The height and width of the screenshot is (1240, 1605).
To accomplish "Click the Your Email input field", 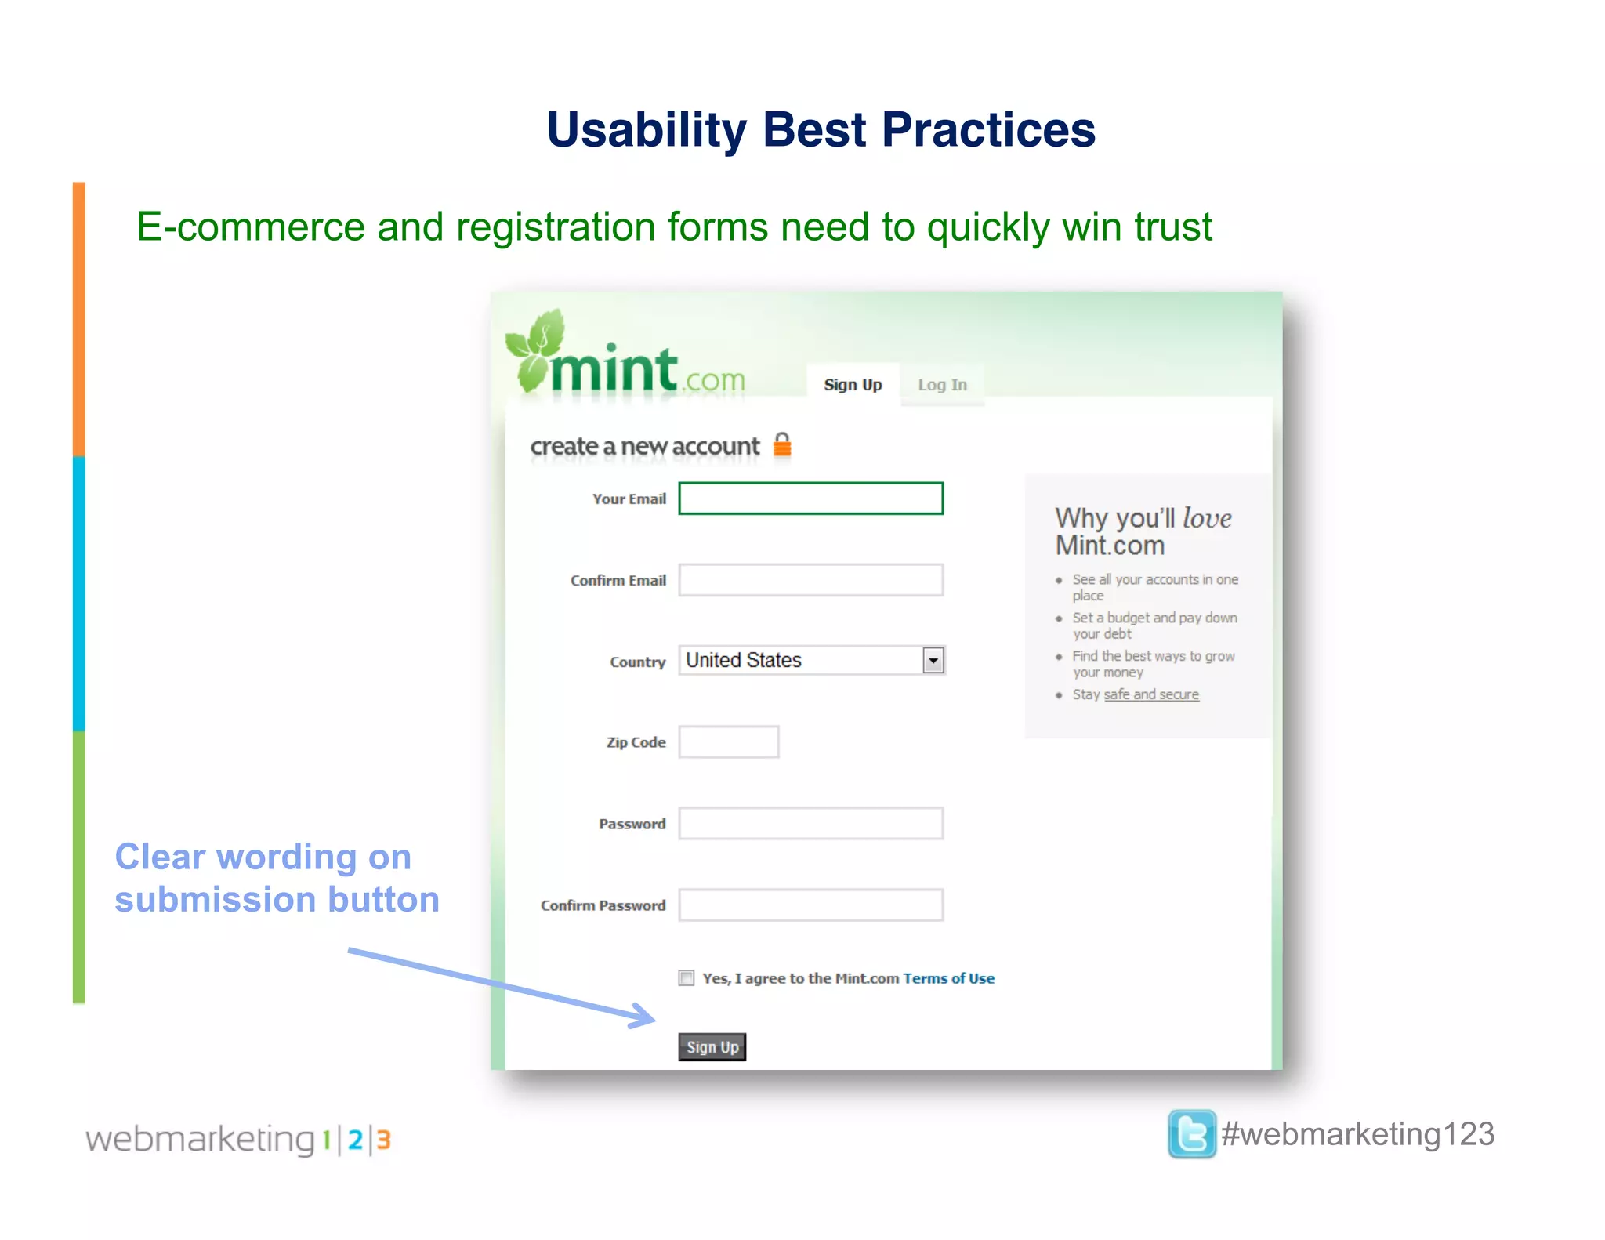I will [810, 499].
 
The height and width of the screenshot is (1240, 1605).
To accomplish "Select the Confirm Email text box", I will [810, 580].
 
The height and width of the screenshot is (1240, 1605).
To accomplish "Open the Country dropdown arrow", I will [933, 661].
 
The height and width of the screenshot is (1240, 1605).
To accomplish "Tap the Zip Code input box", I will [728, 742].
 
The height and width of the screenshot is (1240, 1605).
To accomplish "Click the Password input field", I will [810, 824].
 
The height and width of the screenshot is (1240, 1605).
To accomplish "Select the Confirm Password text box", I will [810, 905].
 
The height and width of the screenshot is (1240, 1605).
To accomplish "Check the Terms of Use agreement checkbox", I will [687, 978].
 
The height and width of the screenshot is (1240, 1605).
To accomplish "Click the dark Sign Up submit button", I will [712, 1047].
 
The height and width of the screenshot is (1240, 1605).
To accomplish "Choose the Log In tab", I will [942, 385].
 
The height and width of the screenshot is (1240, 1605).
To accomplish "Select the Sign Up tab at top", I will [853, 385].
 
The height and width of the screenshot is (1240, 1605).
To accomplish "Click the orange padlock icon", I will [782, 444].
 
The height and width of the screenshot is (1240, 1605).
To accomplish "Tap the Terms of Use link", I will [948, 978].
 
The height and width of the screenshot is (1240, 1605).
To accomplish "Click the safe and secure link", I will [1150, 694].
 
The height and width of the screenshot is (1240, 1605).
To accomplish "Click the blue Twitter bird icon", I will [1191, 1134].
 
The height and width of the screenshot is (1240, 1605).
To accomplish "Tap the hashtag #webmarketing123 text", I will [1357, 1134].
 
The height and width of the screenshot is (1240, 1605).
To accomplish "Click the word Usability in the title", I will [647, 130].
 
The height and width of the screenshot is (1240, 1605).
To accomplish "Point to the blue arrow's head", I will [647, 1017].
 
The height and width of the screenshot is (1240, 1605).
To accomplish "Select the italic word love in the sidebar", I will [1207, 518].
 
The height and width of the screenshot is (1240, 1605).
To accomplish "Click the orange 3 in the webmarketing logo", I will [383, 1140].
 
